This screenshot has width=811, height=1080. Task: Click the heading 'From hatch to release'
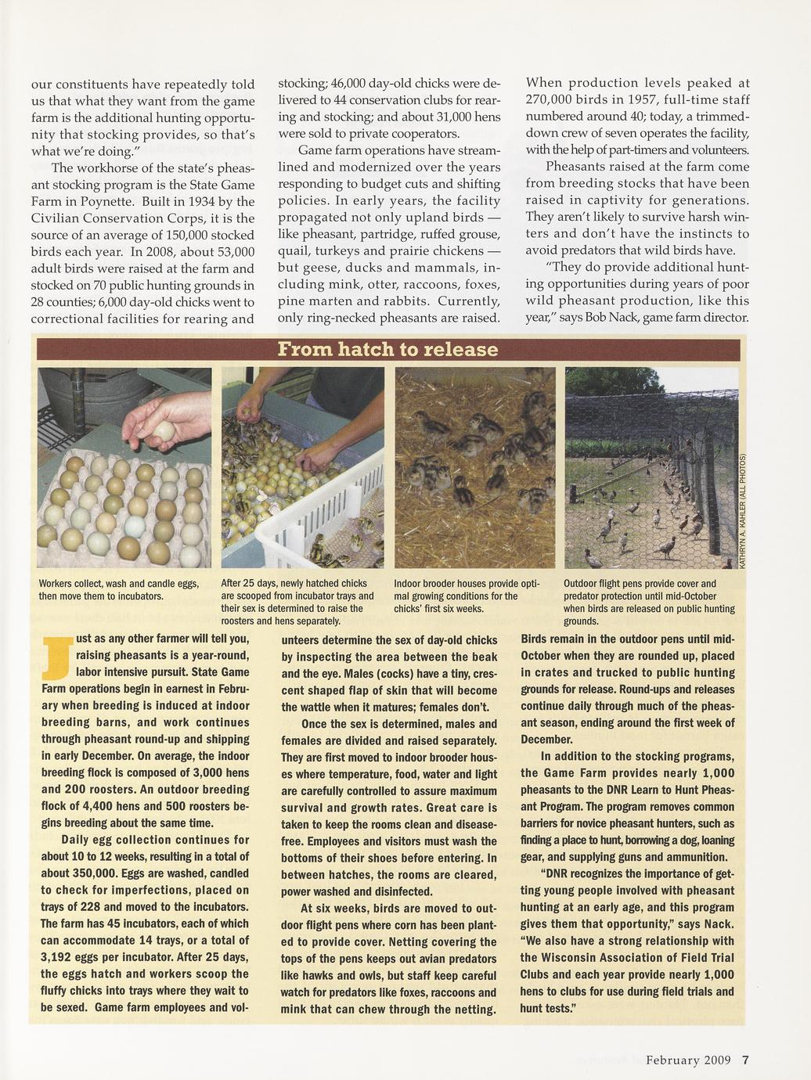[388, 349]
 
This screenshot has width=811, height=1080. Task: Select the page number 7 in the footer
[745, 1060]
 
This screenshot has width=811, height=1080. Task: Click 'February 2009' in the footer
[688, 1060]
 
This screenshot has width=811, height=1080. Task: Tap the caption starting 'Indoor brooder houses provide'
[467, 596]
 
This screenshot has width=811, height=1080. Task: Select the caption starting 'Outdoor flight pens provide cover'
[648, 602]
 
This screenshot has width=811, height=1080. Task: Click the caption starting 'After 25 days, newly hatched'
[296, 602]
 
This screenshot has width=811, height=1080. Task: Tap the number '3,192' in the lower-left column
[56, 957]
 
